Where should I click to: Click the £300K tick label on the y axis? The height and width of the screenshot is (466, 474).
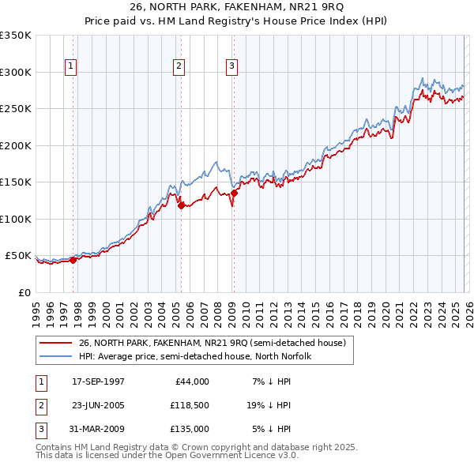pos(16,72)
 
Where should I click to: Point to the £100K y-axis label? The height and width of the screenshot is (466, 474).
pos(16,219)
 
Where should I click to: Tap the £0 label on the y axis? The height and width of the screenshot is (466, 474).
pos(25,292)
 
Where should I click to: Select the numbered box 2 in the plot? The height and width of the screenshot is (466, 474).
pos(179,67)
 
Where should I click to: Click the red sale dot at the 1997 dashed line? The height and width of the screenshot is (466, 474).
pos(73,259)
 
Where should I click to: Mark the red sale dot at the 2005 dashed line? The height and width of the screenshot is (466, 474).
pos(181,205)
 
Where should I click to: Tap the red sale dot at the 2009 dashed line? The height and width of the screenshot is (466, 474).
pos(234,193)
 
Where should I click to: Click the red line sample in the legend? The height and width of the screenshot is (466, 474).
pos(56,344)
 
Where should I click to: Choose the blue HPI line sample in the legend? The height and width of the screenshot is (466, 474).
pos(56,356)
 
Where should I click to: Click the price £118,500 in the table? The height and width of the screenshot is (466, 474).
pos(189,405)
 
